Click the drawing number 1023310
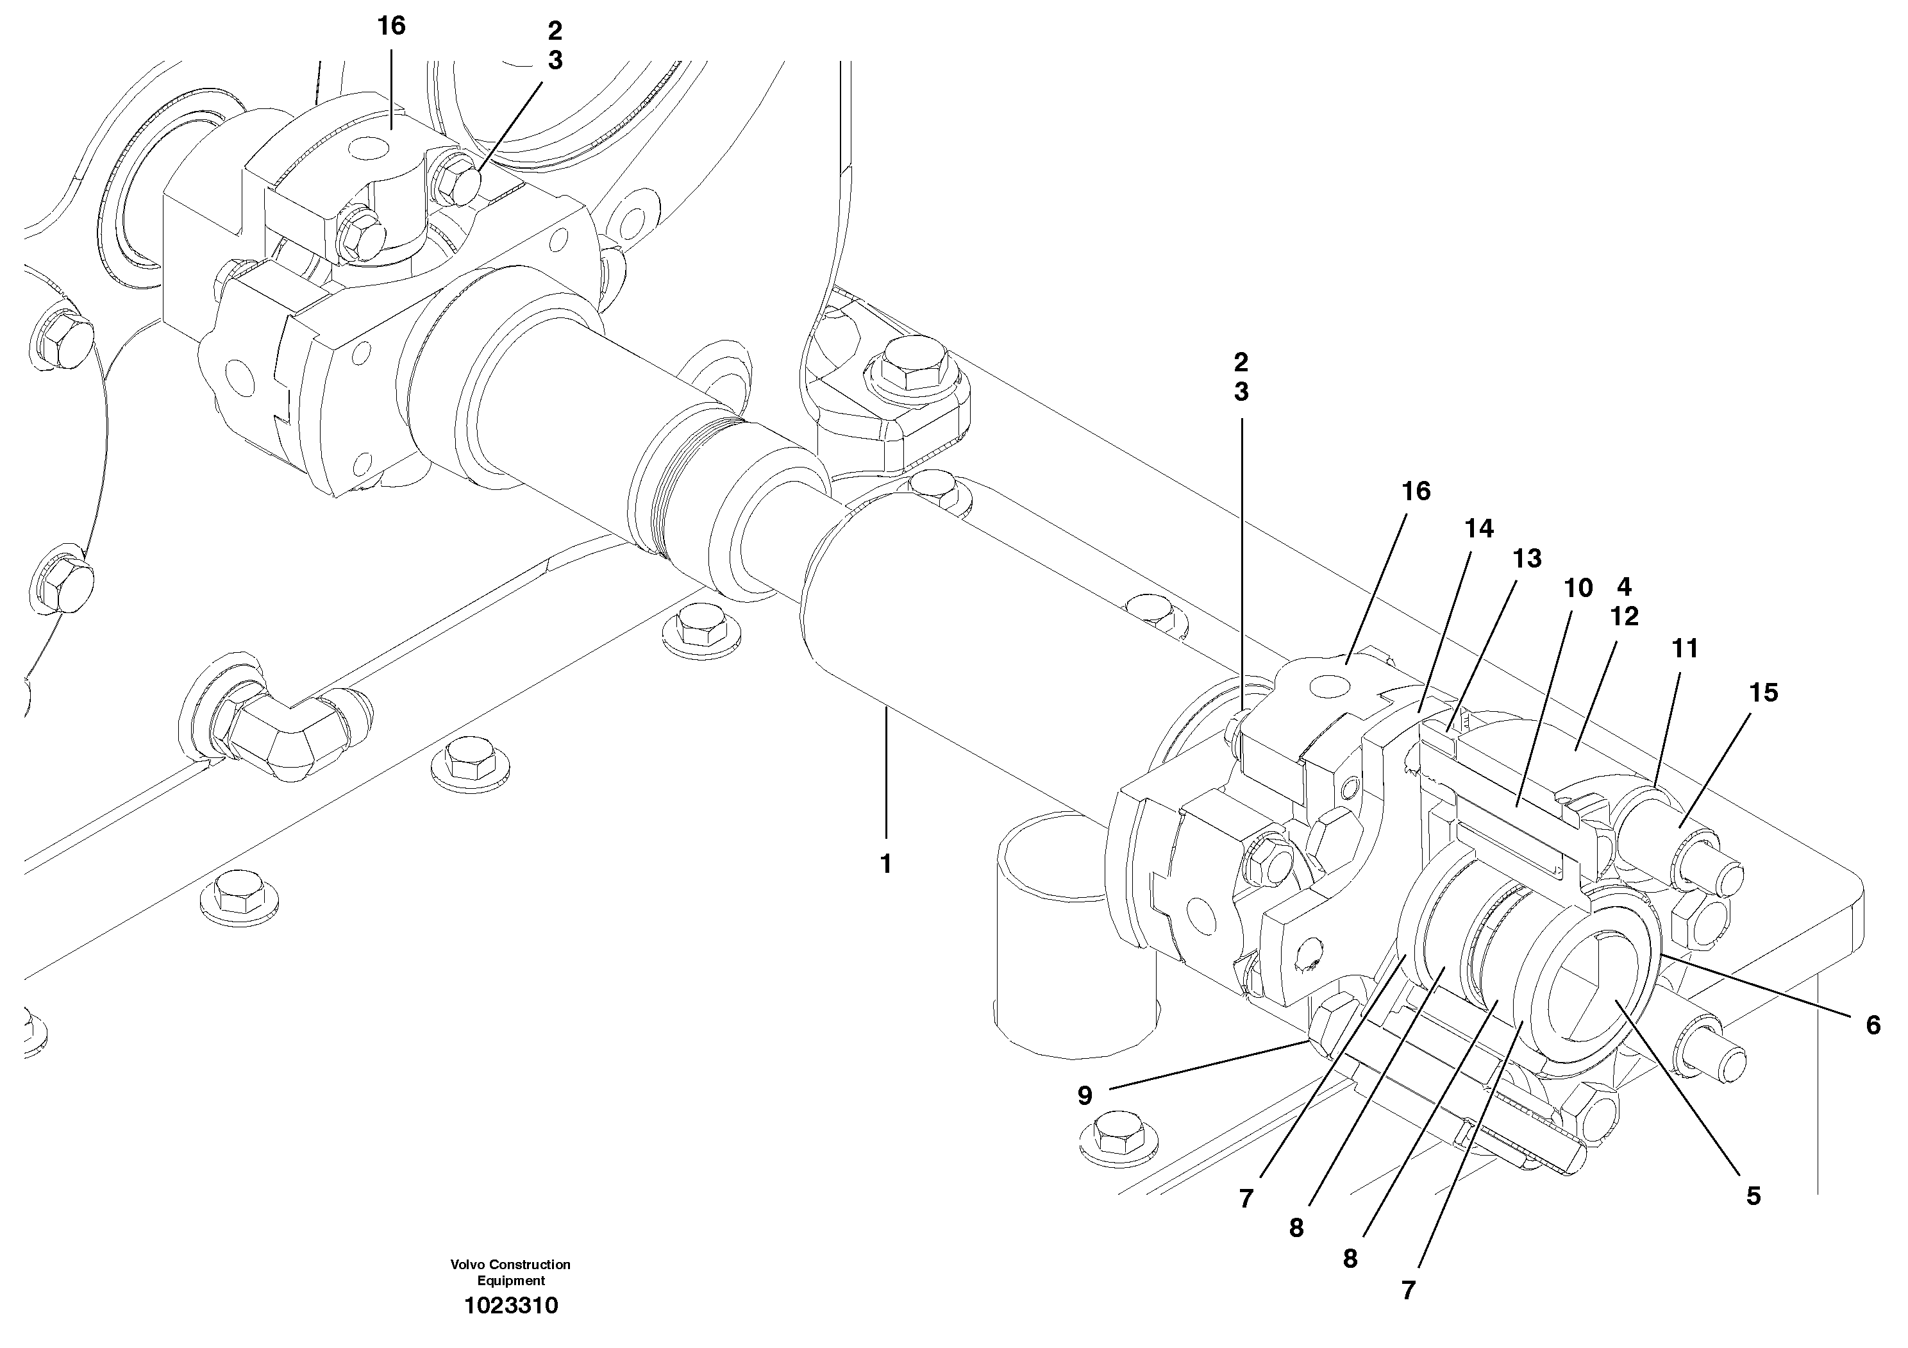511,1306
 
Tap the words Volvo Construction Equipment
510,1272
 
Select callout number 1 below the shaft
886,864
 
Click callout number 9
1084,1096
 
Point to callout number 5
1753,1196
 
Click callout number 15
1762,693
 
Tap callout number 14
1479,528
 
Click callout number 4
1624,587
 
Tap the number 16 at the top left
390,26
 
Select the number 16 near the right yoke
1416,491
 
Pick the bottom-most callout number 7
1408,1291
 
